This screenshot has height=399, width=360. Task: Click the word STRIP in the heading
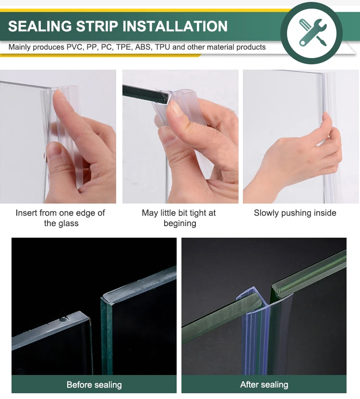(97, 26)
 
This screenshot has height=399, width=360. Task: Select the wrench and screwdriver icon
(312, 32)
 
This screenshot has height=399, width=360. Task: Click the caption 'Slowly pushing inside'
(295, 213)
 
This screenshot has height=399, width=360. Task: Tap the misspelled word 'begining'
(180, 224)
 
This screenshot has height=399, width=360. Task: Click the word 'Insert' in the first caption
(26, 213)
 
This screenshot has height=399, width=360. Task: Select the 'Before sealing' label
(94, 385)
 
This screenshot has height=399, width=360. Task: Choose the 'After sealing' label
(264, 385)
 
